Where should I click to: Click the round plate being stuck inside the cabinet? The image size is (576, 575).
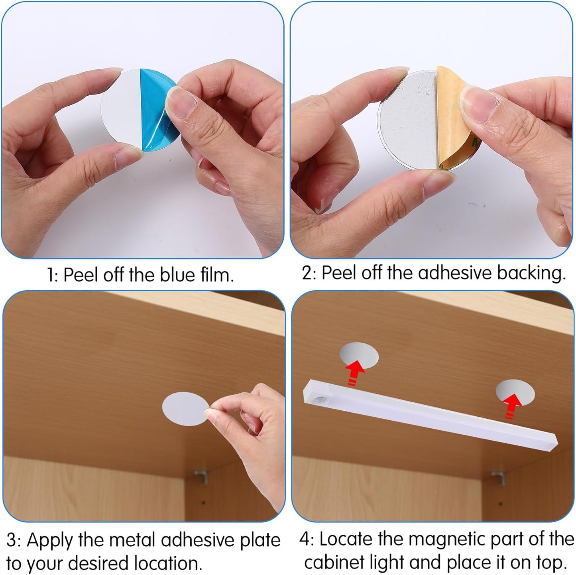[x=185, y=409]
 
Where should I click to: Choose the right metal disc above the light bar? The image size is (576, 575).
[x=515, y=392]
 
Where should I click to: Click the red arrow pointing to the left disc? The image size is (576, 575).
[x=354, y=375]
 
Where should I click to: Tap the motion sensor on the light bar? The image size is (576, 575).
[x=321, y=400]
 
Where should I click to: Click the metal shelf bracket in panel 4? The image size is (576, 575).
[x=498, y=478]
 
